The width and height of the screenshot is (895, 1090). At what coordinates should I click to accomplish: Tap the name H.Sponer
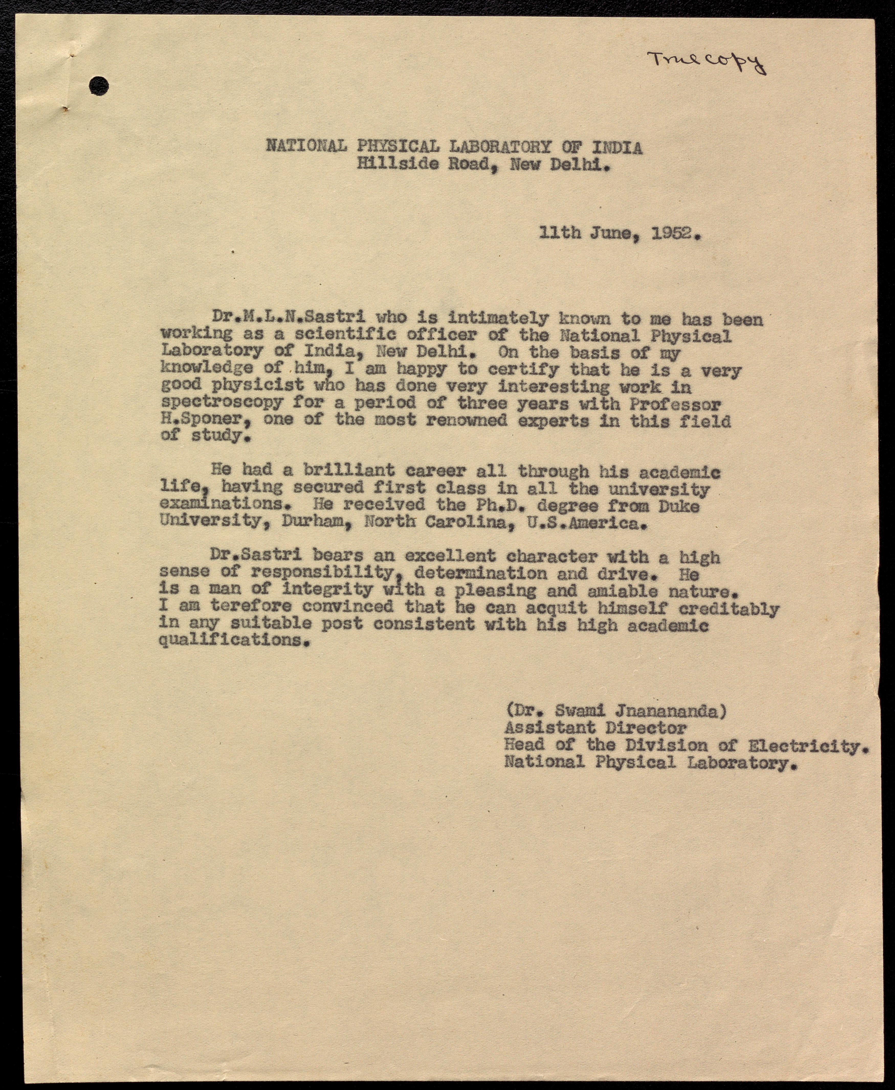point(206,420)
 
